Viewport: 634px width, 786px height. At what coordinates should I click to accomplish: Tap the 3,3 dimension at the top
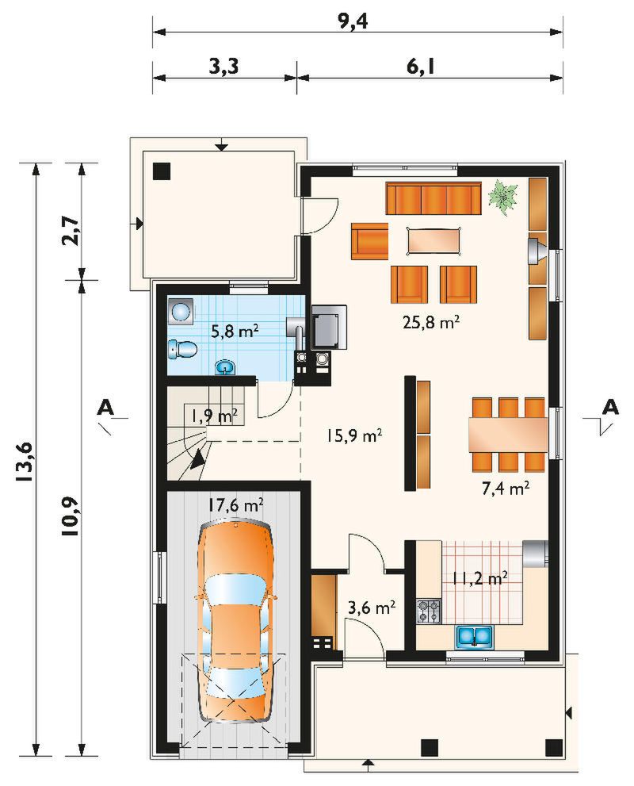223,66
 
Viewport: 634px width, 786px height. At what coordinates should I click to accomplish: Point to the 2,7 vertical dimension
70,230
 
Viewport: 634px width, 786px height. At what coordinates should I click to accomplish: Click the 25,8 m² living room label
430,322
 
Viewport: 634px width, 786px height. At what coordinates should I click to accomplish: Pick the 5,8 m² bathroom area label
235,331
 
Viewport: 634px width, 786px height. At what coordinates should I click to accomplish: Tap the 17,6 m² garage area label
236,504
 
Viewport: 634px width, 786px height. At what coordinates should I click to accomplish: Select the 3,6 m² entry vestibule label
372,608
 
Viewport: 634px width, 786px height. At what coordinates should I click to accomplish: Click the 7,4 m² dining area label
506,489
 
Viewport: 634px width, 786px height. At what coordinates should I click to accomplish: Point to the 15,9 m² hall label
354,435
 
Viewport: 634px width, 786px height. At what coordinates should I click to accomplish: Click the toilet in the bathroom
182,349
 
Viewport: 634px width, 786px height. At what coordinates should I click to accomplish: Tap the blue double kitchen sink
474,636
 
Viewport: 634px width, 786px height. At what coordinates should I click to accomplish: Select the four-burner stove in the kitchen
429,611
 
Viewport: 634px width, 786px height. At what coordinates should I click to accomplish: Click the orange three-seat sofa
433,198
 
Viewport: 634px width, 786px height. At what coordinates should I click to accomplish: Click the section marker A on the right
610,407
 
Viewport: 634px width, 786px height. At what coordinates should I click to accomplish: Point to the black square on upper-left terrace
162,171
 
